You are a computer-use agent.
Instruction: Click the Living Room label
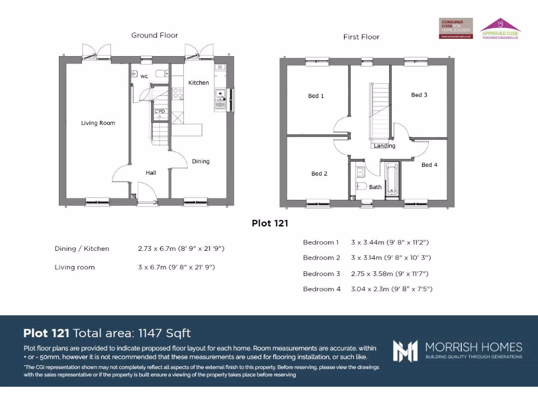tap(98, 123)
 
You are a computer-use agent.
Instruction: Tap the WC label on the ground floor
tap(144, 77)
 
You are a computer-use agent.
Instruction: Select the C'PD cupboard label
tap(159, 111)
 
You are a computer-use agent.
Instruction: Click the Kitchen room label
tap(199, 83)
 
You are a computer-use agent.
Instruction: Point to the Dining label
tap(201, 162)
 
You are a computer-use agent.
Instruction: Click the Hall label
tap(151, 173)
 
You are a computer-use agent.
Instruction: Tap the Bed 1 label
tap(316, 96)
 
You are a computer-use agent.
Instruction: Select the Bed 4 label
tap(429, 165)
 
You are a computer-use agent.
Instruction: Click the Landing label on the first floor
tap(385, 146)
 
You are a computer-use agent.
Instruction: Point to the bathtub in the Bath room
tap(391, 180)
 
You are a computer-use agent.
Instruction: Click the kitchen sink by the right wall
tap(220, 100)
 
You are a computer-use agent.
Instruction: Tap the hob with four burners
tap(178, 93)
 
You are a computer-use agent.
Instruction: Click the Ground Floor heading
tap(154, 35)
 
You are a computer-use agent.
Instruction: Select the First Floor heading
tap(361, 37)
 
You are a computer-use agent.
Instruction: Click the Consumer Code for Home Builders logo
tap(456, 28)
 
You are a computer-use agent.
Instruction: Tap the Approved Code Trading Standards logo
tap(500, 28)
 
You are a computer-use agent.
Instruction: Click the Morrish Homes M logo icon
tap(405, 351)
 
